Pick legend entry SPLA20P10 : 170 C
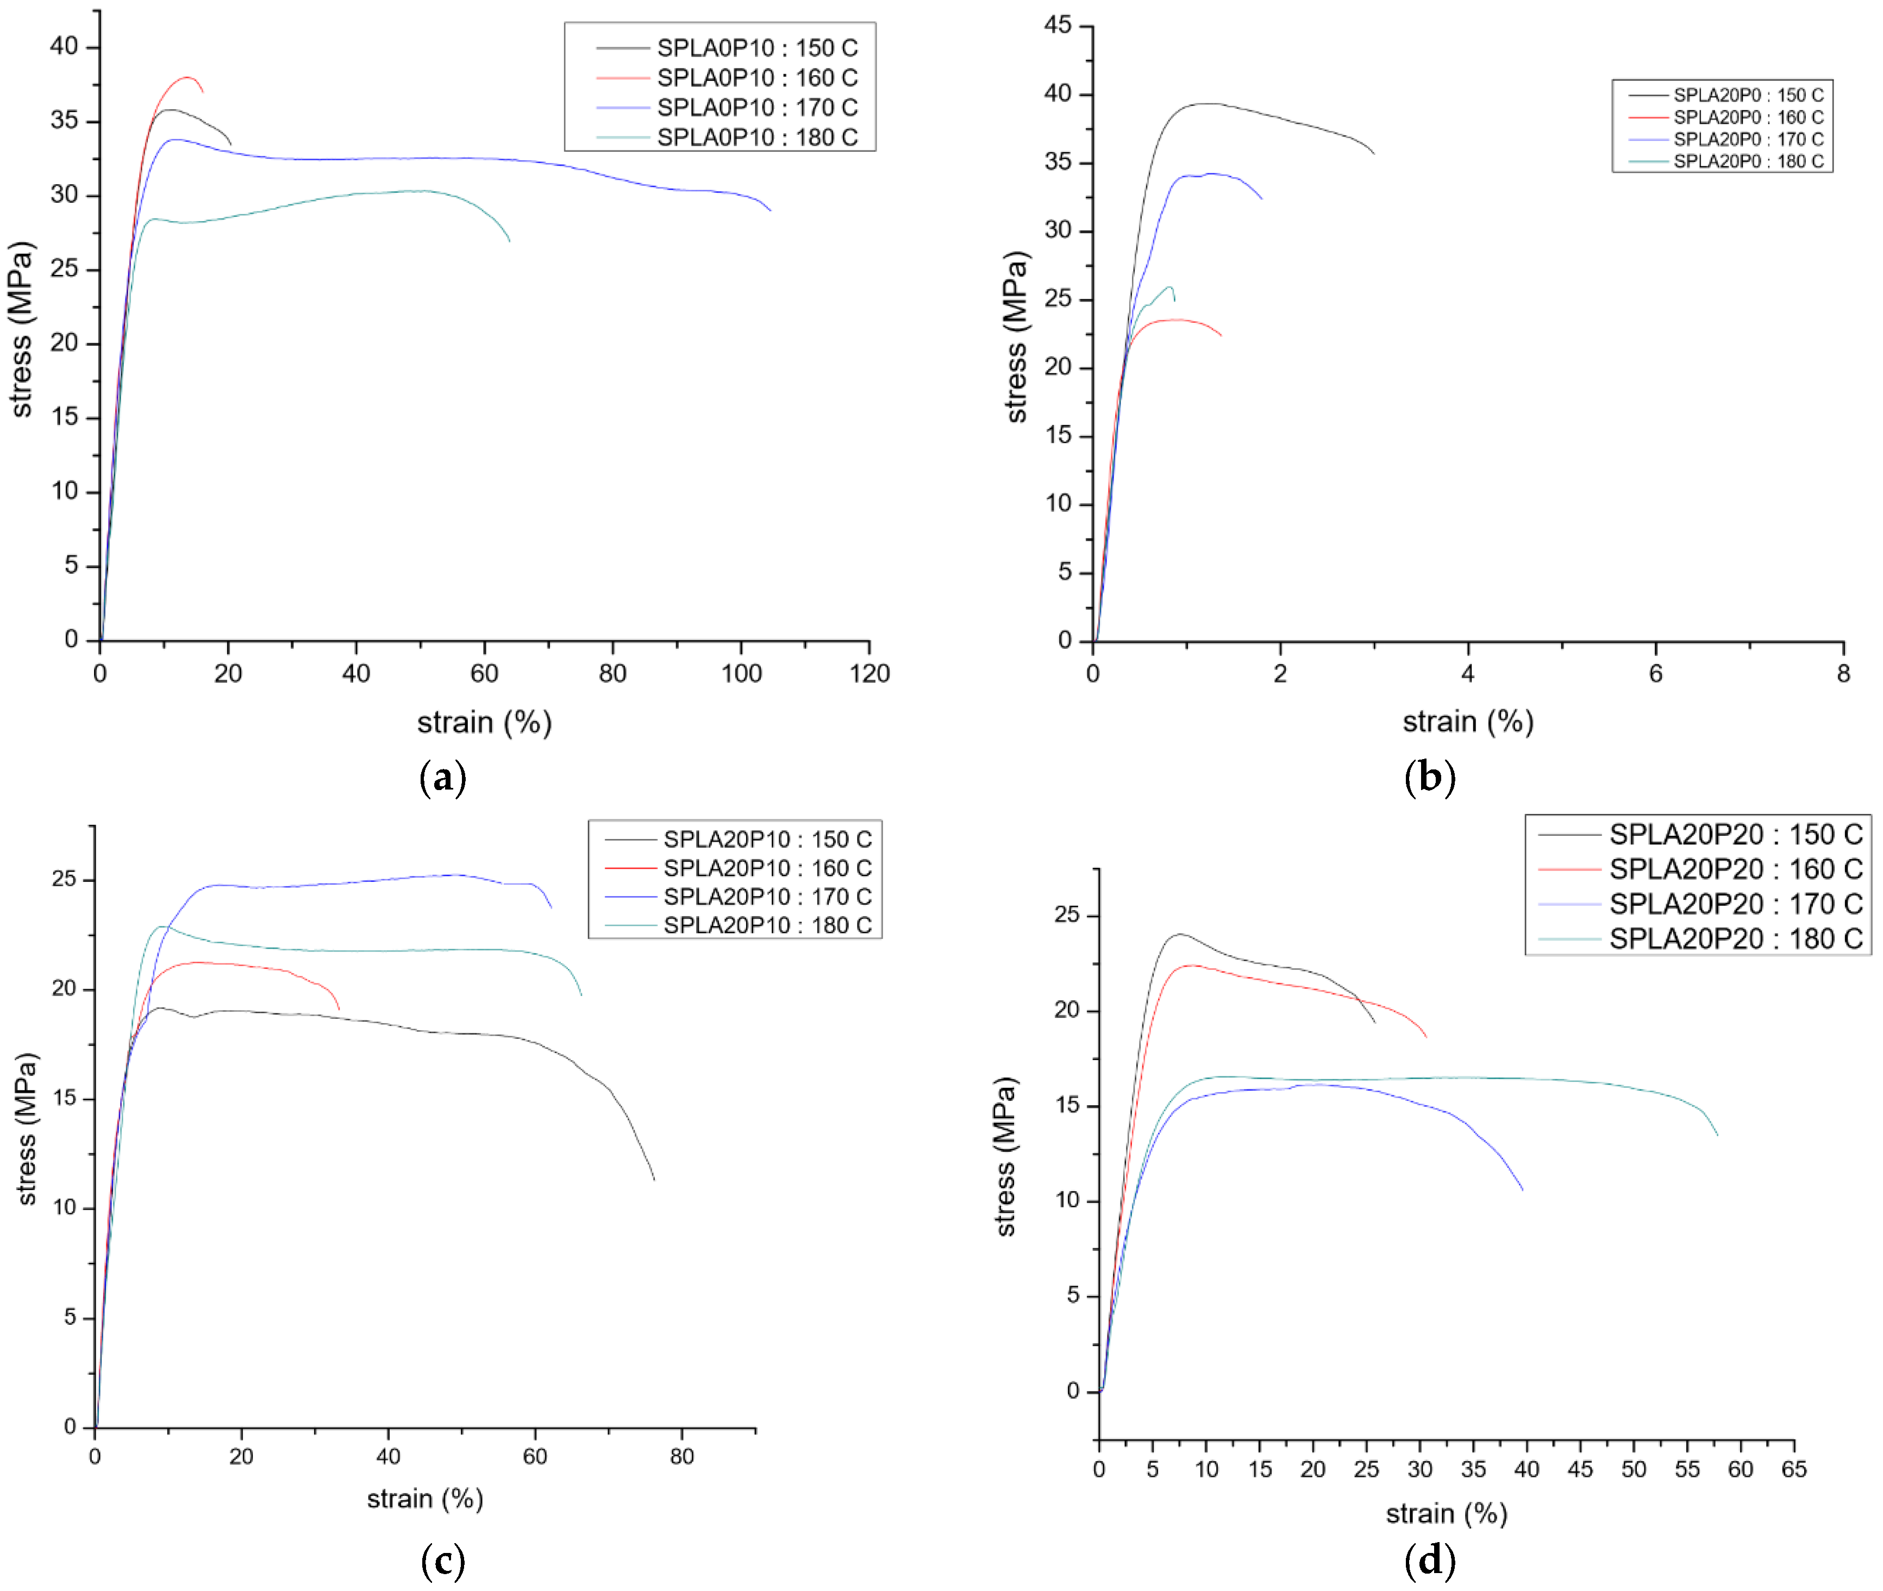pos(767,897)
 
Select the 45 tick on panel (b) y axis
pos(1058,25)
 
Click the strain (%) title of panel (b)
pos(1467,722)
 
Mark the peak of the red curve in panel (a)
pos(187,78)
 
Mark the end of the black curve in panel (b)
pos(1374,153)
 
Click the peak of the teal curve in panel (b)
pos(1169,287)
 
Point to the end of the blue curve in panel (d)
pos(1523,1191)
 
